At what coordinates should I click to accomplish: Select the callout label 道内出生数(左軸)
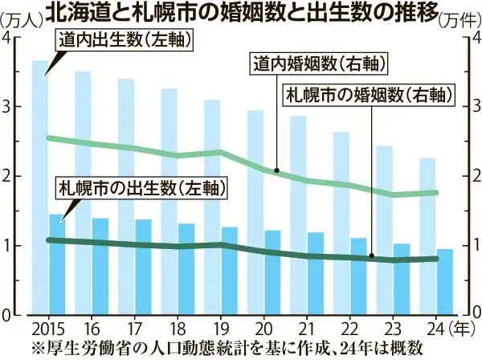(117, 39)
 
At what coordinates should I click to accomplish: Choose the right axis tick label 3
(474, 107)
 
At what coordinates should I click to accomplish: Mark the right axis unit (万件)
(460, 19)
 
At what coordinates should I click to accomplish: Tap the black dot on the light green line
(276, 170)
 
